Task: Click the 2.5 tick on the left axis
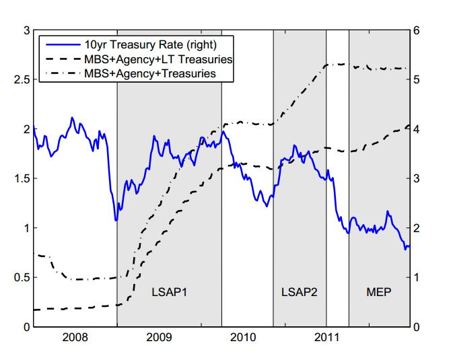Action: point(21,80)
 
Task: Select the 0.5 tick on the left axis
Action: point(21,277)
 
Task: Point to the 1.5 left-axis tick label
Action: point(21,178)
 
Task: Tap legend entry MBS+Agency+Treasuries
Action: point(150,73)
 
